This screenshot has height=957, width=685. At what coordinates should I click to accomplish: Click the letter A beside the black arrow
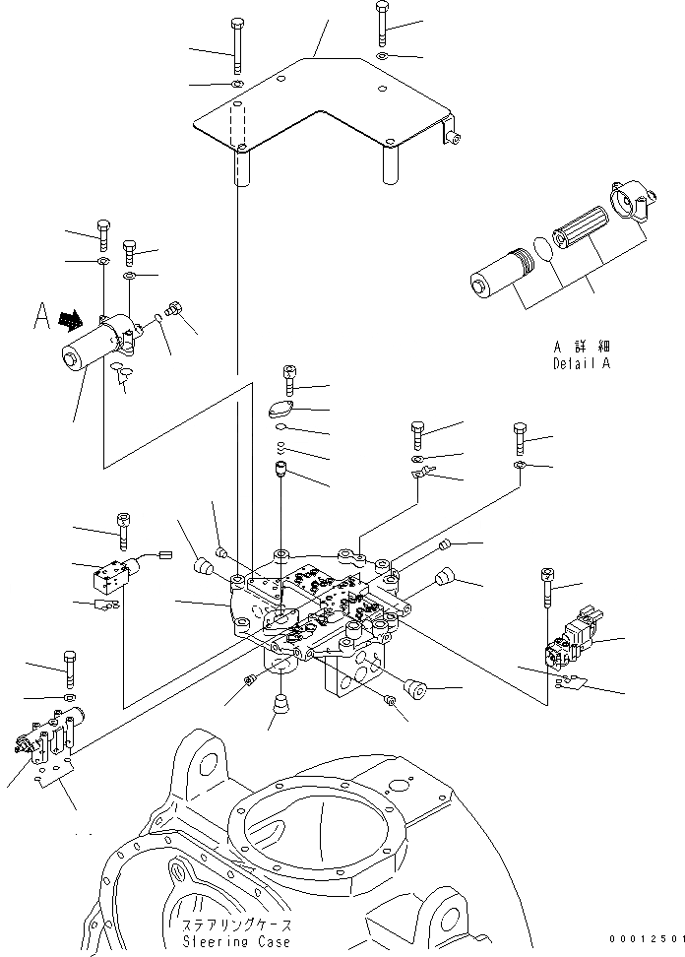[41, 316]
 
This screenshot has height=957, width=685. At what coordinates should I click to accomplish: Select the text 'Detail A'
[581, 363]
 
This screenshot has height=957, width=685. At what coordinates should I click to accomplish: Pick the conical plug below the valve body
[281, 704]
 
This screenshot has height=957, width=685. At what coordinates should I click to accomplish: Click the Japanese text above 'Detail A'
[581, 347]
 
